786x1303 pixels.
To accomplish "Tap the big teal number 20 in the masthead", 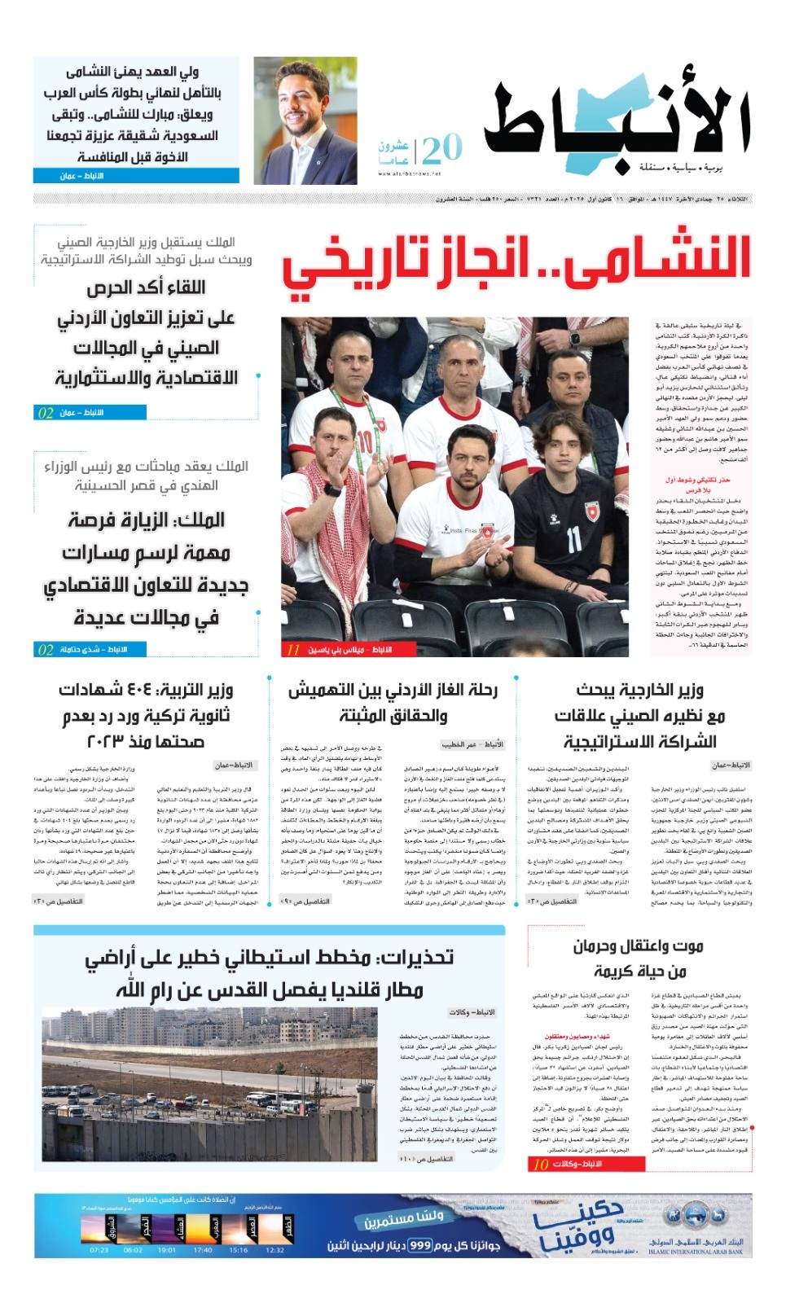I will pyautogui.click(x=442, y=148).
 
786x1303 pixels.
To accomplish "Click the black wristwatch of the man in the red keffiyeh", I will pyautogui.click(x=332, y=489).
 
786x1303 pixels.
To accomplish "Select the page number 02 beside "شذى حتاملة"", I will pyautogui.click(x=46, y=650).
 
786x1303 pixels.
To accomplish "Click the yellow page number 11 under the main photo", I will pyautogui.click(x=293, y=650).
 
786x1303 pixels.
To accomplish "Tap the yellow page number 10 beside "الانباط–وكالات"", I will pyautogui.click(x=540, y=1165).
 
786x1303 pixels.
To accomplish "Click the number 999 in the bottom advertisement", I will pyautogui.click(x=420, y=1245).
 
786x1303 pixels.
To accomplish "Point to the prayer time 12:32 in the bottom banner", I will pyautogui.click(x=274, y=1250).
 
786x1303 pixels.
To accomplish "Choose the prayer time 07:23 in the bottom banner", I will pyautogui.click(x=99, y=1250).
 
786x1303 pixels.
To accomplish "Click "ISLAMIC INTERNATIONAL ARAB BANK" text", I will pyautogui.click(x=696, y=1252).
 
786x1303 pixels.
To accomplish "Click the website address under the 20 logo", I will pyautogui.click(x=409, y=173).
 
